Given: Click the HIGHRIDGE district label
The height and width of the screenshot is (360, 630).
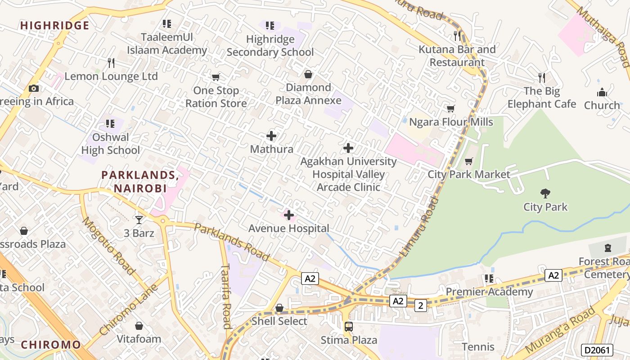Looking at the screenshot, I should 54,26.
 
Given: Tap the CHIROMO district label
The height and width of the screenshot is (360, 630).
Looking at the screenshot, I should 51,345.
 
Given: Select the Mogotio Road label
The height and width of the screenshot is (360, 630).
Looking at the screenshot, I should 108,246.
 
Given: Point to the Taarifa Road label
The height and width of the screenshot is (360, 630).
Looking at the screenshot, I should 226,296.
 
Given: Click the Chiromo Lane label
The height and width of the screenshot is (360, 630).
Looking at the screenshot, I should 128,310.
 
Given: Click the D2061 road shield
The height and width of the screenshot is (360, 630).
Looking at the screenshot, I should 597,350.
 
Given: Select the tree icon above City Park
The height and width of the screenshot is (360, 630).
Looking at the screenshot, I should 545,193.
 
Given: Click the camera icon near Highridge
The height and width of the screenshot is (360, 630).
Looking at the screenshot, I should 33,88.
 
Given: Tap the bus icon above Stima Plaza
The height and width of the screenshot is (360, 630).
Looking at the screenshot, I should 348,327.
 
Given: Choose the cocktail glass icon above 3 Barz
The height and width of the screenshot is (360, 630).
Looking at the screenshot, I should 139,220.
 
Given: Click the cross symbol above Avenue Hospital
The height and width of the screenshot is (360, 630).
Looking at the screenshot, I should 289,215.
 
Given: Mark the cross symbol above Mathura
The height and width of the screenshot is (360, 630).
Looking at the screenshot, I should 271,135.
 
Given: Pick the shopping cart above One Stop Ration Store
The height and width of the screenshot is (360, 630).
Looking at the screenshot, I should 216,77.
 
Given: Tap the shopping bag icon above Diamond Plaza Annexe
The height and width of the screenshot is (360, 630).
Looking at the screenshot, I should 308,74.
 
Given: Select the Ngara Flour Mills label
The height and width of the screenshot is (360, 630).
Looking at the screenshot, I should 451,122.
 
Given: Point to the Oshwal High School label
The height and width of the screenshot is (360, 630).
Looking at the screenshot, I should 111,144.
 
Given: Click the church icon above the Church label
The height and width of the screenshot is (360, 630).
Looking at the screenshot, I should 602,93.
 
